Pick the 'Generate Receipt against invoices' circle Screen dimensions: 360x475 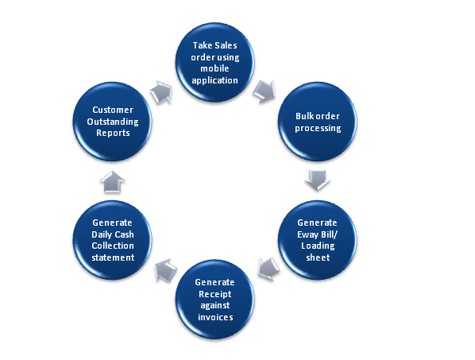pyautogui.click(x=216, y=296)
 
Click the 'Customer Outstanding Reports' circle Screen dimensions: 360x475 pyautogui.click(x=113, y=122)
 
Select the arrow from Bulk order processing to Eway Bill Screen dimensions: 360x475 pyautogui.click(x=317, y=182)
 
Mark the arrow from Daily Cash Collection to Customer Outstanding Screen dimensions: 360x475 pyautogui.click(x=114, y=180)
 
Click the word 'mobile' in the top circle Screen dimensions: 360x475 pyautogui.click(x=216, y=69)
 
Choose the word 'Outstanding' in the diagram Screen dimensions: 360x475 pyautogui.click(x=113, y=122)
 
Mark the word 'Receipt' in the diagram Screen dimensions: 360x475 pyautogui.click(x=216, y=296)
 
